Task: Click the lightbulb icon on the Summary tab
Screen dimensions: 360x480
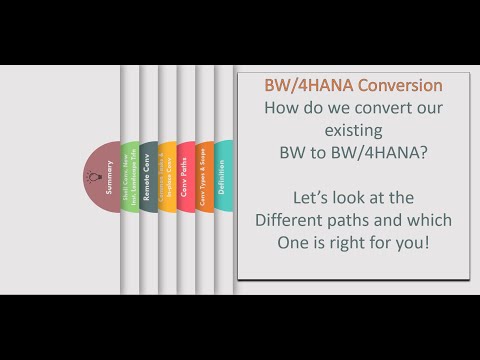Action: pyautogui.click(x=96, y=176)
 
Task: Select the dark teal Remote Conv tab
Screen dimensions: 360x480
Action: pyautogui.click(x=147, y=176)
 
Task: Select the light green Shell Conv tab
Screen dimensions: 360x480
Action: pyautogui.click(x=129, y=176)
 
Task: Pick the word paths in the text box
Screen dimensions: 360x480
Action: pyautogui.click(x=364, y=218)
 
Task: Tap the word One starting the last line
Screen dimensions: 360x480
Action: pyautogui.click(x=287, y=240)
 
